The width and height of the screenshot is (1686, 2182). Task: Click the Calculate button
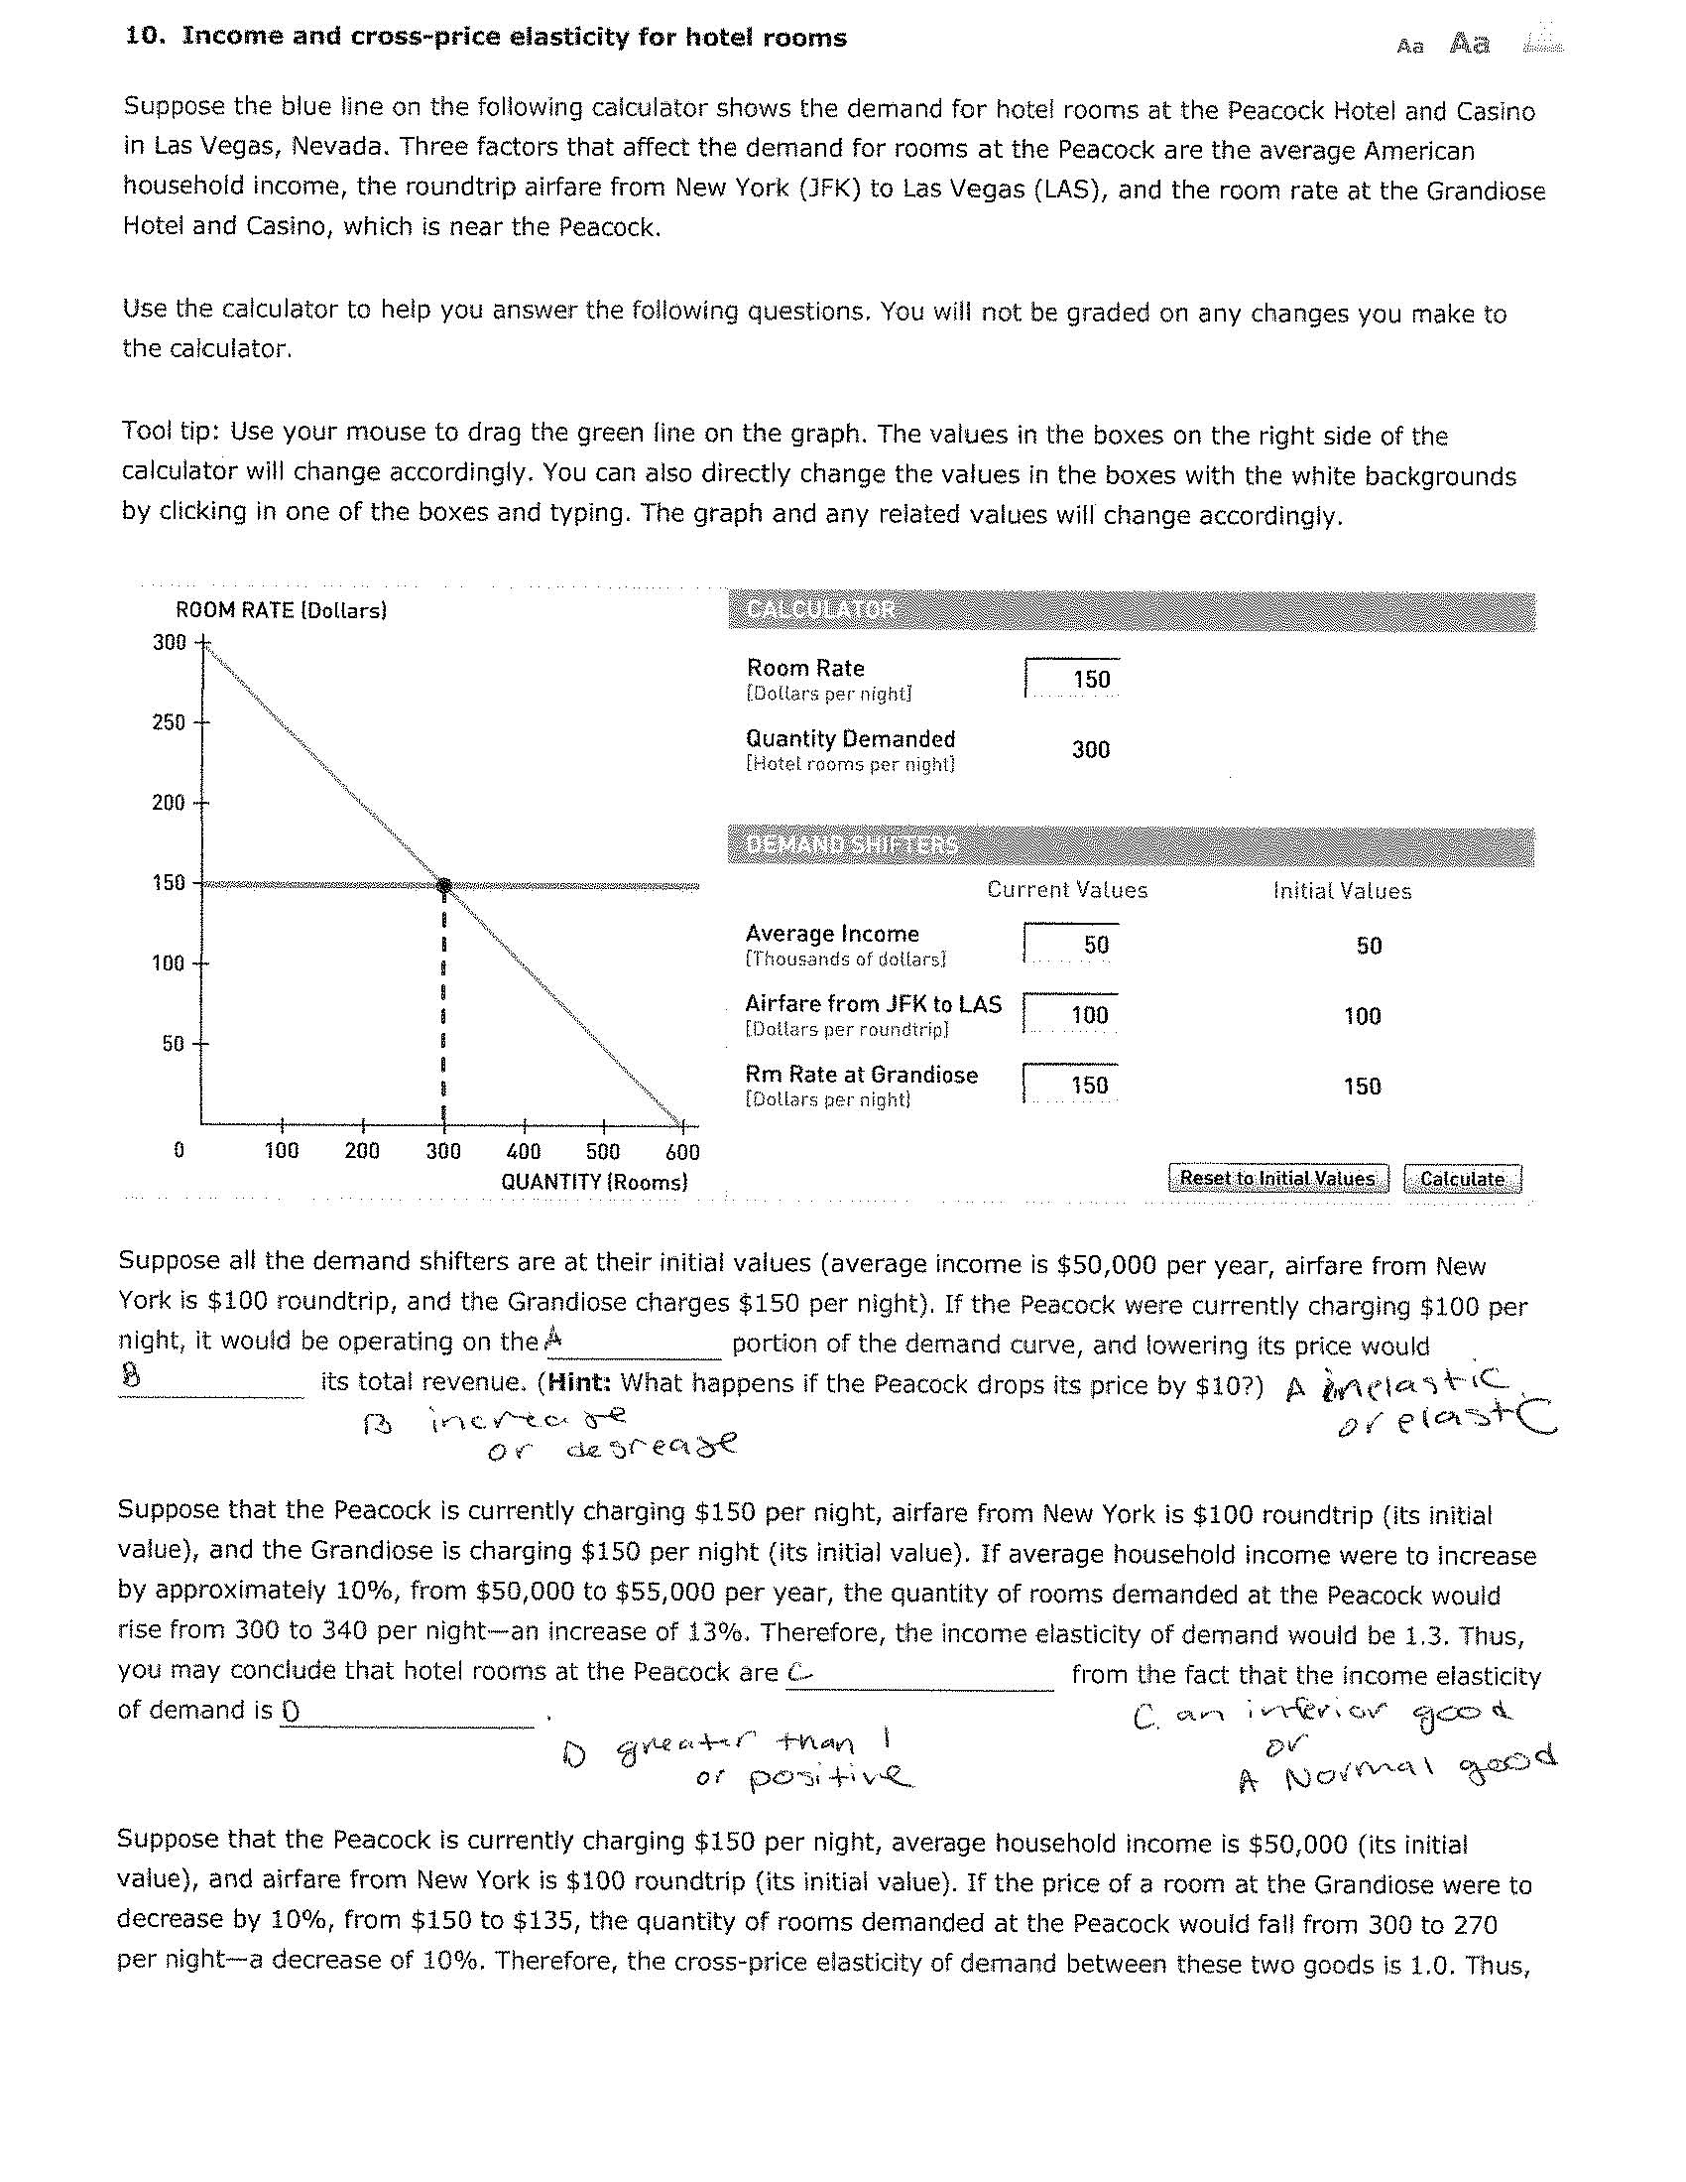point(1461,1179)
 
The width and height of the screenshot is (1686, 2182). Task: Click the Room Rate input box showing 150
point(1073,680)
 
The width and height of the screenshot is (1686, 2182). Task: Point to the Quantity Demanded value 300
point(1090,750)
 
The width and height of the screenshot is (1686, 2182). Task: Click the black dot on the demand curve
point(444,885)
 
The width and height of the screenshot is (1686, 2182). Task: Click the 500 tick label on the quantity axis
point(602,1151)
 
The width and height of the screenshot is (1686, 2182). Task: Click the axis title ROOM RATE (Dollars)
point(281,610)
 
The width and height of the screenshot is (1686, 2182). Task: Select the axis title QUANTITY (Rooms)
point(594,1182)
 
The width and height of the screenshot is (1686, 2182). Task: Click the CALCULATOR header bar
point(1131,610)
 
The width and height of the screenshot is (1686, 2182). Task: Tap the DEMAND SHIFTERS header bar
point(1131,846)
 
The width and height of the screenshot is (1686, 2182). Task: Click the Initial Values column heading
point(1342,891)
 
